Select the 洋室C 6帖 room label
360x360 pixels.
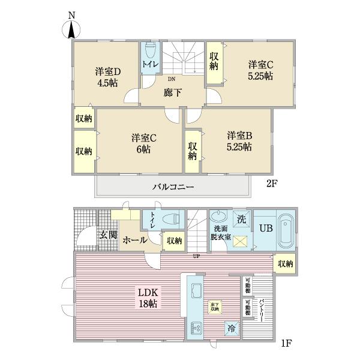click(142, 143)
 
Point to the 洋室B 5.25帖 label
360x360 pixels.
click(239, 140)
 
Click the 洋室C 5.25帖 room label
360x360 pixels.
click(261, 70)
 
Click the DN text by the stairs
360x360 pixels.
click(172, 79)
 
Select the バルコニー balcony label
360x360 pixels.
click(173, 187)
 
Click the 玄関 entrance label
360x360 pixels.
click(107, 235)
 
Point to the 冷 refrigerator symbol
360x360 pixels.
click(232, 328)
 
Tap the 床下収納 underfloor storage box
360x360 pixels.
click(214, 307)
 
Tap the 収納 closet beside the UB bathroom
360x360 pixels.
click(286, 263)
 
